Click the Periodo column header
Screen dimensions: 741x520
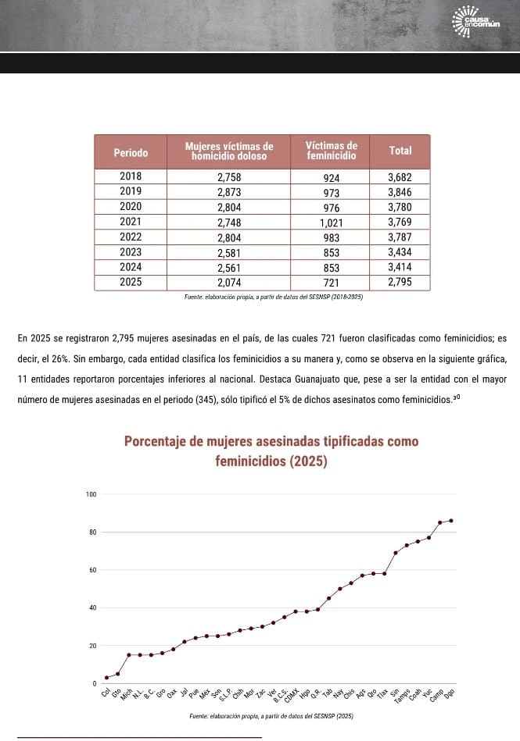click(130, 151)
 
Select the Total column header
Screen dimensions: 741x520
click(400, 151)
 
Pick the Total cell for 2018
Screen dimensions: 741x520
click(400, 177)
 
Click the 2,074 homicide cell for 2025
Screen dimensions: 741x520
click(229, 282)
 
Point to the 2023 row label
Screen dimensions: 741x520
click(130, 251)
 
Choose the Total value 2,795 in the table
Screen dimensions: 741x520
click(400, 282)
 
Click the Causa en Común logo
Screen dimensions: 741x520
click(476, 20)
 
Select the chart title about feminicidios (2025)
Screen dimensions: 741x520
click(271, 451)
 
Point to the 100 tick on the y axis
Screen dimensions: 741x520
click(91, 494)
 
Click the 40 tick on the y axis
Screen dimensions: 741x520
click(91, 607)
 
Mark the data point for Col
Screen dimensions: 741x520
click(106, 677)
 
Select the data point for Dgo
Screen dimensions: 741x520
click(451, 520)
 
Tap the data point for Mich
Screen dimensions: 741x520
click(128, 654)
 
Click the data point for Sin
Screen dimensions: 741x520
click(396, 553)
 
